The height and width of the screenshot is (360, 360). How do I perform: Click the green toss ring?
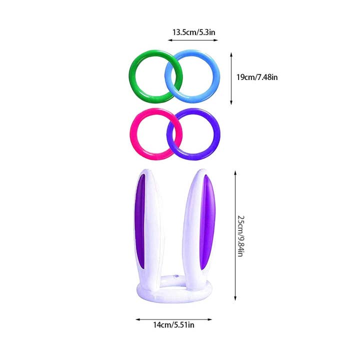[x=132, y=76]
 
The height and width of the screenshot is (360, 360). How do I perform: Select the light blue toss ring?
[x=216, y=76]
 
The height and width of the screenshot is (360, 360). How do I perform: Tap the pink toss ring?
[x=133, y=134]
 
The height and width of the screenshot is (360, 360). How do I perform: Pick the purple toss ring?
[x=216, y=134]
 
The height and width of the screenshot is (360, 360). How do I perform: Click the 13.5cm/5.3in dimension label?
[x=194, y=32]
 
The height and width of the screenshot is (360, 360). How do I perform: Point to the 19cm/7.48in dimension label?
[x=257, y=77]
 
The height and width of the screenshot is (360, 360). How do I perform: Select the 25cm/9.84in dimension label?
[x=241, y=236]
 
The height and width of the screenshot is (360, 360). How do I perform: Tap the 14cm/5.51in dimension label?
[x=174, y=325]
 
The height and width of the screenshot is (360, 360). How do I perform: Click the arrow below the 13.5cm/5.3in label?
[x=193, y=40]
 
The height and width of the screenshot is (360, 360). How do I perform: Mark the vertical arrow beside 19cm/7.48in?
[x=231, y=78]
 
